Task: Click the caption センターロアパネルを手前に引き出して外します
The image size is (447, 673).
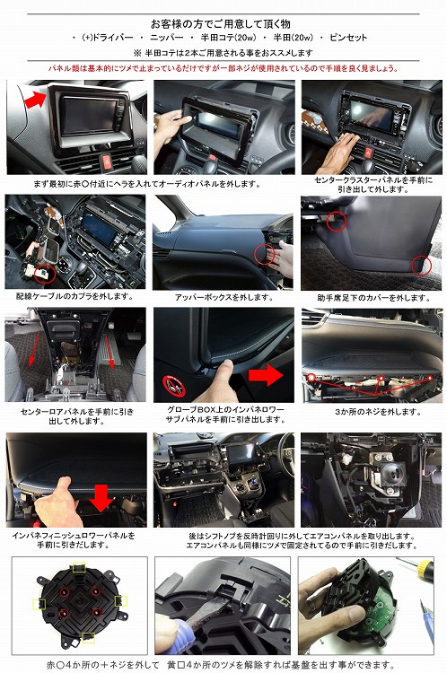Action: coord(74,416)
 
